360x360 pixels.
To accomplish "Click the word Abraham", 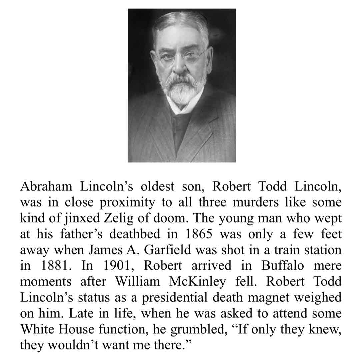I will (x=46, y=186).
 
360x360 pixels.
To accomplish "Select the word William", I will (x=137, y=281).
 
